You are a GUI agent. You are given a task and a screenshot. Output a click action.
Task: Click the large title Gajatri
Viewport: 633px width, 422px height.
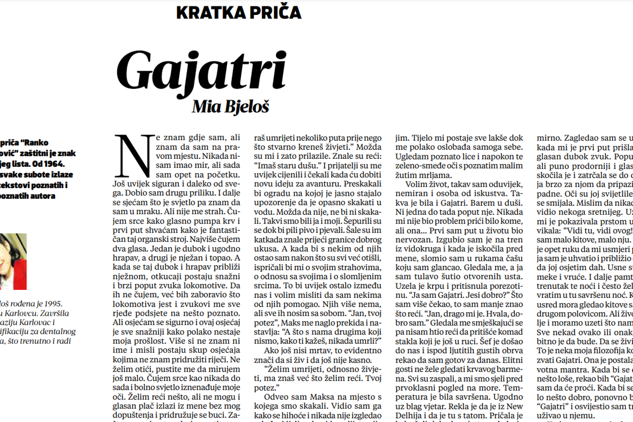pyautogui.click(x=202, y=69)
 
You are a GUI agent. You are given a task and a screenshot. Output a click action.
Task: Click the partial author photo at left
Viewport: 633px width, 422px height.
pyautogui.click(x=13, y=261)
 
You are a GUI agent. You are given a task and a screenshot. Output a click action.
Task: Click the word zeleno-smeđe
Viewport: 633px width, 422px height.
pyautogui.click(x=418, y=165)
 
